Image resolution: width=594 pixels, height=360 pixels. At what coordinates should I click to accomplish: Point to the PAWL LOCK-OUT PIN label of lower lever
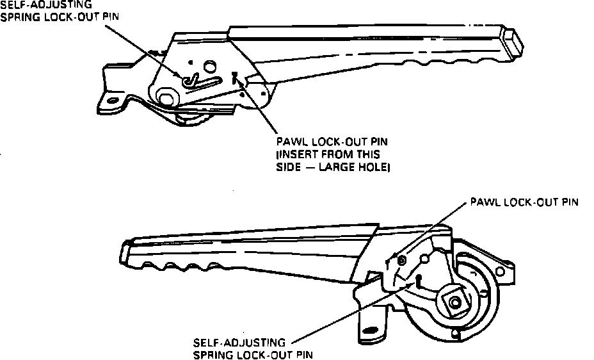click(x=524, y=202)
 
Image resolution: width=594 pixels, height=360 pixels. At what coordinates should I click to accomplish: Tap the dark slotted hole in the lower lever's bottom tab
click(x=370, y=331)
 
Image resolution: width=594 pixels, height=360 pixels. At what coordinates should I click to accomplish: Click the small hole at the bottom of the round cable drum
click(x=453, y=333)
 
